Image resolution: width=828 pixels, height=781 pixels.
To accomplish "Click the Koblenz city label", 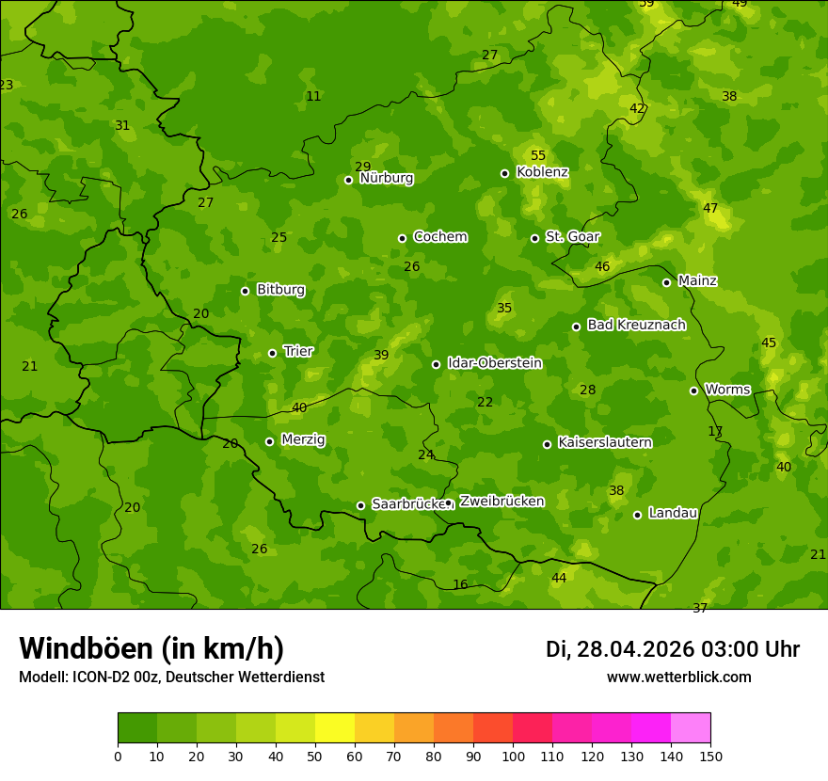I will [x=542, y=172].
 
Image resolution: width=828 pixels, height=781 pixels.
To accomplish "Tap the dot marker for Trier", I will [x=273, y=353].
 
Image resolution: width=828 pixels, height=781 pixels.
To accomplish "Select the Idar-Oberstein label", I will [x=494, y=362].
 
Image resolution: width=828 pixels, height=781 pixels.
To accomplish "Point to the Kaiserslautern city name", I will [x=604, y=442].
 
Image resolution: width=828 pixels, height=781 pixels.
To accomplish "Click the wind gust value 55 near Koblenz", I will [x=538, y=155].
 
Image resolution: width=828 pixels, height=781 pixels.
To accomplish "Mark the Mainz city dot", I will [x=666, y=282].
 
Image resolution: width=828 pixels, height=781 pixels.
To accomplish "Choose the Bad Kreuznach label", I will [x=636, y=325].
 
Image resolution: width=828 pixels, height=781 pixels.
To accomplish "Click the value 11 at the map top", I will [x=313, y=96].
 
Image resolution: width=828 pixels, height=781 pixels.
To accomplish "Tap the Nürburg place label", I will [x=386, y=178].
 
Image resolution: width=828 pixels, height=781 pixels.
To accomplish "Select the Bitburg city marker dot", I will [x=245, y=291].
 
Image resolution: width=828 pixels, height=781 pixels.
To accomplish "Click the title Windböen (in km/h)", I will [x=151, y=648].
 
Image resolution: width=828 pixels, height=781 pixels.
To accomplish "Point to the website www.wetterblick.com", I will [x=678, y=677].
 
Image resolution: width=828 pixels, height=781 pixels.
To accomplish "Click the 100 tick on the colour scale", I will [x=513, y=756].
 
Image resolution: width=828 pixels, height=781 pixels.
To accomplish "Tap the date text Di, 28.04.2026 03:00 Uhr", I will [x=672, y=649].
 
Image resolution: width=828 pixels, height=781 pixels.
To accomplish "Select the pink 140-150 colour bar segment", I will [x=691, y=728].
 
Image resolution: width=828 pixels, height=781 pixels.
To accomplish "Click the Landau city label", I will [x=673, y=513].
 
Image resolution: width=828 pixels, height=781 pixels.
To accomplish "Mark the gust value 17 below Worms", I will [x=715, y=431].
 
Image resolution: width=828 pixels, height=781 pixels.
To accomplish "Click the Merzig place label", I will [x=303, y=439].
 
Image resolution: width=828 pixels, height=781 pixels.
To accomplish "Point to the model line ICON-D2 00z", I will [x=171, y=677].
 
